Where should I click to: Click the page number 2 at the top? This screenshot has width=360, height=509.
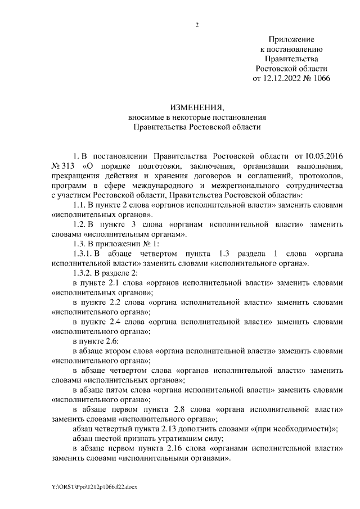pyautogui.click(x=197, y=24)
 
